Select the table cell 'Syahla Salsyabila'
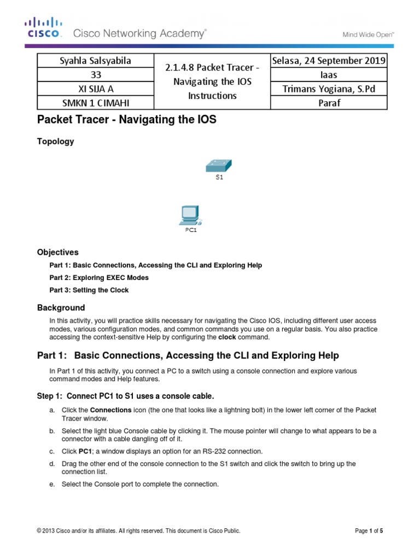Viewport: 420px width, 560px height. click(96, 60)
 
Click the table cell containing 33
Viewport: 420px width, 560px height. click(96, 74)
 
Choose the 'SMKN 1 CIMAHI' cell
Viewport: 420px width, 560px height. click(96, 102)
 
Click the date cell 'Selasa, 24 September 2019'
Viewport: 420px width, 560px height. click(329, 60)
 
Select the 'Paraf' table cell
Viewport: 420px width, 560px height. click(329, 102)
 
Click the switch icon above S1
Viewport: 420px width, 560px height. click(219, 165)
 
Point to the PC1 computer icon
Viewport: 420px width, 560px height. click(190, 215)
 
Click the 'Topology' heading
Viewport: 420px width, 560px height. click(55, 142)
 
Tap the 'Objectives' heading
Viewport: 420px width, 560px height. click(57, 252)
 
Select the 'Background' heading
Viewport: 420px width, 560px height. click(61, 307)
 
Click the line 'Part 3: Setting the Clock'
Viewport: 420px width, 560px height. click(89, 290)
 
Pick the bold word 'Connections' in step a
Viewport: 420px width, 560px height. click(110, 410)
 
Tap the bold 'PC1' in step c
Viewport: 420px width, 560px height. click(85, 451)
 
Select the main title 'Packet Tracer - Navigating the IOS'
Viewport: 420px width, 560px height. click(126, 120)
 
